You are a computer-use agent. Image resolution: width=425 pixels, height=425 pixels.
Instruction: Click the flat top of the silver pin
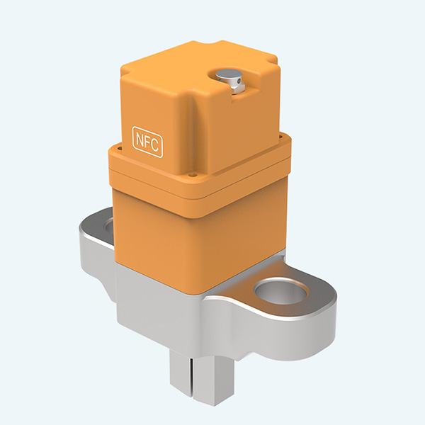pyautogui.click(x=228, y=76)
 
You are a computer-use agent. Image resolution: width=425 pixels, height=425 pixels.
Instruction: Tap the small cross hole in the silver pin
pyautogui.click(x=239, y=87)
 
